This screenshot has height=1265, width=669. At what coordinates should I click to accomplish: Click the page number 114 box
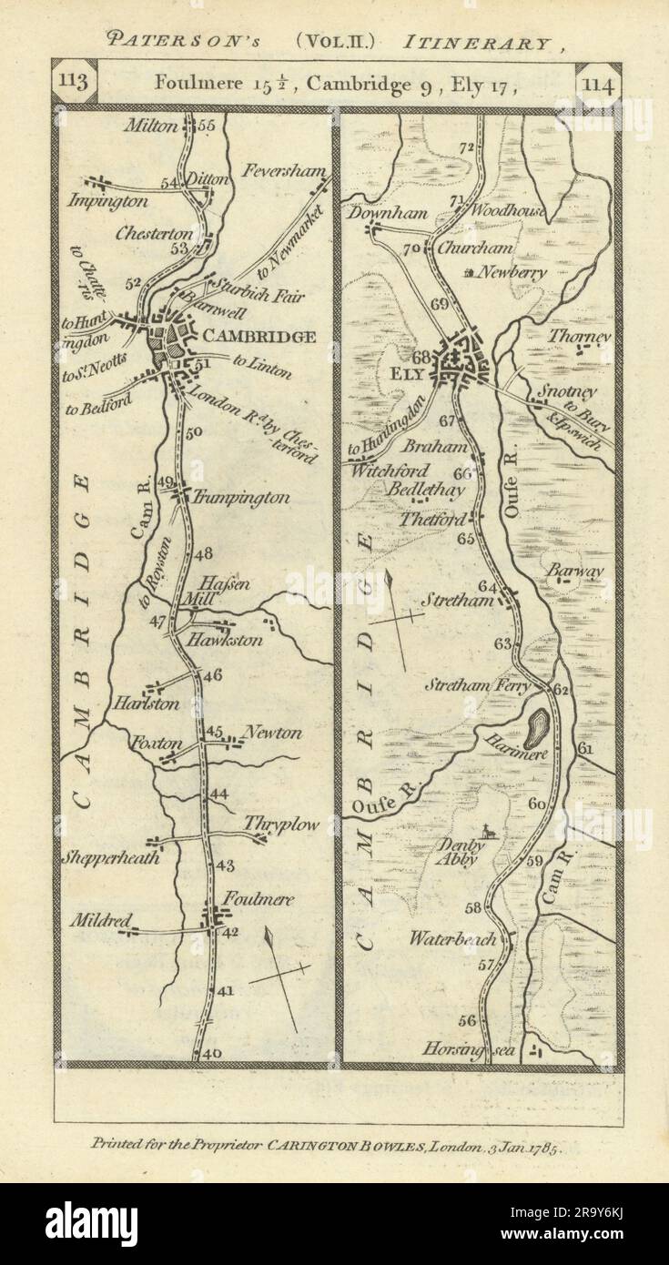click(599, 87)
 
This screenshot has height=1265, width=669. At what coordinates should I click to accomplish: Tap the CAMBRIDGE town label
click(259, 337)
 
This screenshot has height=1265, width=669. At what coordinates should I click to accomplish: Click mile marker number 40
click(212, 1053)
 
